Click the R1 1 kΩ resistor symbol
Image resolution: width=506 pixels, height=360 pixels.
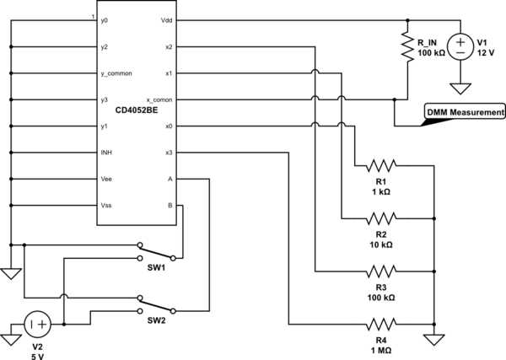[381, 166]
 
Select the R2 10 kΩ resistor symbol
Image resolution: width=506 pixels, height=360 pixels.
[381, 218]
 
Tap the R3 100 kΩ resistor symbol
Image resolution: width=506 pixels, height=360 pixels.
[381, 271]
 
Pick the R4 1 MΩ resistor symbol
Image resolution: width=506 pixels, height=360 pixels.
[381, 325]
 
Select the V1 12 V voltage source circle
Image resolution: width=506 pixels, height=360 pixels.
[460, 46]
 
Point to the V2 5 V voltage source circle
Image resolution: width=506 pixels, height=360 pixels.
[37, 325]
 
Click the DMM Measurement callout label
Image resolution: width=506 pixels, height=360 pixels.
[465, 112]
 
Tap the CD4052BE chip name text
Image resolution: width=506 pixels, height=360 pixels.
[137, 110]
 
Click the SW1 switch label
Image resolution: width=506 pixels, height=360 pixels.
[156, 268]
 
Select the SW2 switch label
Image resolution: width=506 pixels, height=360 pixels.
[156, 320]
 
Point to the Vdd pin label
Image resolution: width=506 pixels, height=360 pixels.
[166, 20]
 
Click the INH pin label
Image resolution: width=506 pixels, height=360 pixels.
[106, 153]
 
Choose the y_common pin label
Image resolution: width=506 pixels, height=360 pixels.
[116, 73]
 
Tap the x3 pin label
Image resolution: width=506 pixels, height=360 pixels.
[169, 153]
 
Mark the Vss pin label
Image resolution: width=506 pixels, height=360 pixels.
[106, 206]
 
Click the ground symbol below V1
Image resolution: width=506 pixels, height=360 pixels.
[460, 89]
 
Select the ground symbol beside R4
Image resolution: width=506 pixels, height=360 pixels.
[434, 340]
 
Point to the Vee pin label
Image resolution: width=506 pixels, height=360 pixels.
[106, 179]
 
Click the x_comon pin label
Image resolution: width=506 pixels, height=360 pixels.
[159, 100]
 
